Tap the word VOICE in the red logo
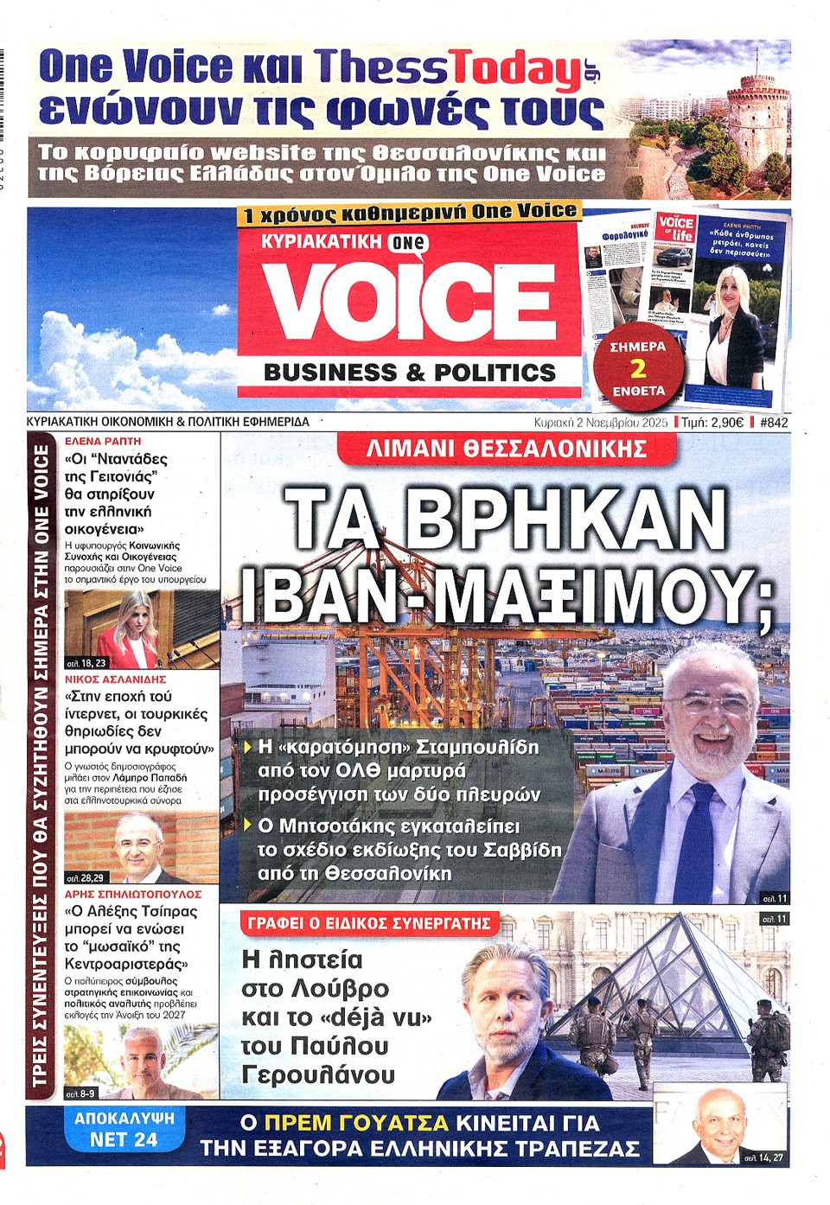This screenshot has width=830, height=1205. pyautogui.click(x=408, y=300)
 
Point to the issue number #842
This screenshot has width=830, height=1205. pyautogui.click(x=774, y=423)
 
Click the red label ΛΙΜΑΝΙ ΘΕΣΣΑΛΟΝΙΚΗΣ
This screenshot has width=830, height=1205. pyautogui.click(x=506, y=449)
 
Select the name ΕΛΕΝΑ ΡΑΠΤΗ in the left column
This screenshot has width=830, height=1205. pyautogui.click(x=104, y=441)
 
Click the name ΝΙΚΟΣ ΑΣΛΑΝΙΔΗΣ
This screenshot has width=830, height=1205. pyautogui.click(x=116, y=679)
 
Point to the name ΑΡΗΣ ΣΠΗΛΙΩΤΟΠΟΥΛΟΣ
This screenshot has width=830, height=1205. pyautogui.click(x=133, y=894)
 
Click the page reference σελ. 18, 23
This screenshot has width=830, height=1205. pyautogui.click(x=86, y=663)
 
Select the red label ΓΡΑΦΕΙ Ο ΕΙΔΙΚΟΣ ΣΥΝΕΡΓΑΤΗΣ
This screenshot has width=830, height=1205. pyautogui.click(x=369, y=923)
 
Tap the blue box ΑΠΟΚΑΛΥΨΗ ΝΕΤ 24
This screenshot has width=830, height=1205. pyautogui.click(x=124, y=1129)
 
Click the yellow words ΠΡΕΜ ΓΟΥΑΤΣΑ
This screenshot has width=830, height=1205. pyautogui.click(x=356, y=1123)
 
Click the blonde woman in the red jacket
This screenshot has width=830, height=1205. pyautogui.click(x=130, y=631)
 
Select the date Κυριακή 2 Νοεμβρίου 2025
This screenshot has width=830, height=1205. pyautogui.click(x=601, y=423)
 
